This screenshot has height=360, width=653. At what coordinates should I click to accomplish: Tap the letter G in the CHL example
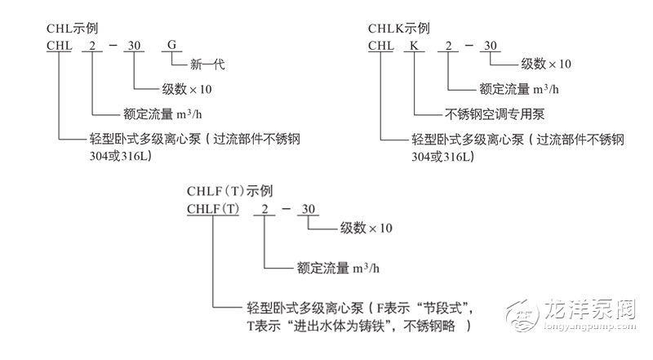(171, 44)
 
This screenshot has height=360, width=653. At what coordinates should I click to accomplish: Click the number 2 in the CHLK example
(448, 44)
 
